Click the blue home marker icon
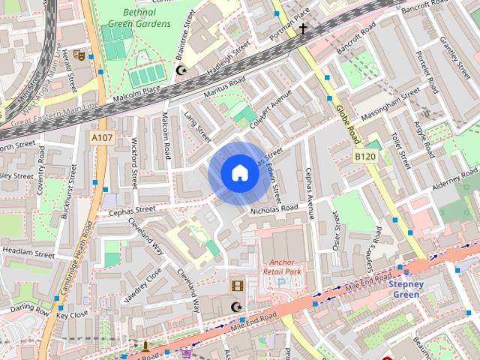point(239,173)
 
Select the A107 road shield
point(102,138)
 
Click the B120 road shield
point(365,155)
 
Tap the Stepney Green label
point(407,289)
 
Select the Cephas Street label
point(131,210)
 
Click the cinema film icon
point(237,286)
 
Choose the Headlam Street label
point(28,253)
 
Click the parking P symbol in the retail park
point(281,283)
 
